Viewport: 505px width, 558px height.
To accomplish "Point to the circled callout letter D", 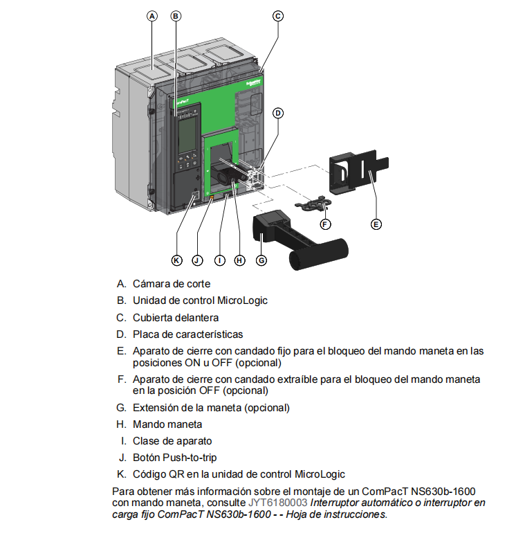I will click(x=277, y=113).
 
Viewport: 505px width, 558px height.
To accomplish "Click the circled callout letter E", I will click(x=376, y=224).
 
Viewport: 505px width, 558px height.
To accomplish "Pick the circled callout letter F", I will click(x=325, y=224).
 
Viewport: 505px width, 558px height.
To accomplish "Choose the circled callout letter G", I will click(x=261, y=260).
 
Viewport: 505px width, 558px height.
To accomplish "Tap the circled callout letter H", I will click(x=239, y=260).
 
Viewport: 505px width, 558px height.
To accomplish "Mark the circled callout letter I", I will click(x=219, y=260).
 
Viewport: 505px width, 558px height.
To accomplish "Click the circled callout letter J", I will click(x=197, y=260).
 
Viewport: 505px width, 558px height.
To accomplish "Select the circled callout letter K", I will click(x=177, y=260).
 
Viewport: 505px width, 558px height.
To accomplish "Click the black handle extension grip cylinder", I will click(x=318, y=253).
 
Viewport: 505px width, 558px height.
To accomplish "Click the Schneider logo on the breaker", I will click(x=253, y=82).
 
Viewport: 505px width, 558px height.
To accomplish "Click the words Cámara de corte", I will click(x=172, y=283).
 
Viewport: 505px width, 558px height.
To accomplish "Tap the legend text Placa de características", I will click(x=187, y=334).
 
